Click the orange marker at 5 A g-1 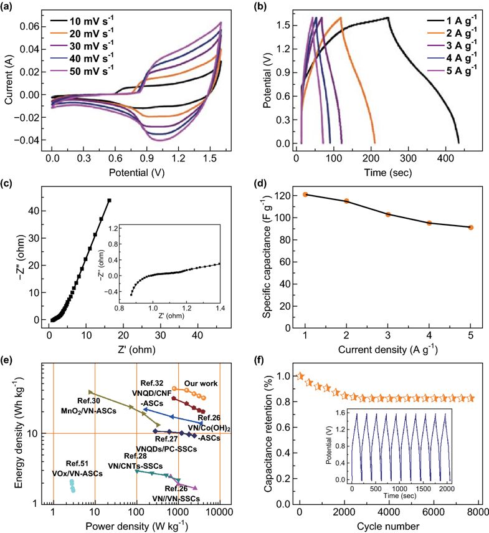pos(470,228)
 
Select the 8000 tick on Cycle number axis pos(477,512)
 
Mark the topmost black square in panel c pos(109,200)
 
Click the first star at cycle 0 pos(301,376)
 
